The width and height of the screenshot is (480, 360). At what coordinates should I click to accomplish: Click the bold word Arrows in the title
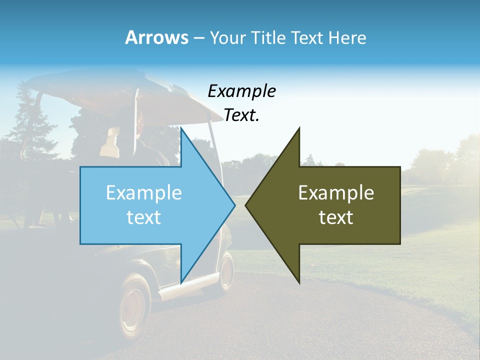click(156, 37)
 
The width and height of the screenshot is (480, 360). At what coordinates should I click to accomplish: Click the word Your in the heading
click(228, 37)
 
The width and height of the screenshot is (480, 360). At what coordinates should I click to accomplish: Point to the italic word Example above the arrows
click(241, 91)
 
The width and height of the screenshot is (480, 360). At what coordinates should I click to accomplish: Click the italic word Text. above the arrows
click(241, 115)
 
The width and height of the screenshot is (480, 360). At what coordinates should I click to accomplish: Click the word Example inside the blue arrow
click(144, 192)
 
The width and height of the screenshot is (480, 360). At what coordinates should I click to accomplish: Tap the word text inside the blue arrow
click(144, 217)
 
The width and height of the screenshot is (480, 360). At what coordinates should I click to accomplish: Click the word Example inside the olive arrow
click(336, 192)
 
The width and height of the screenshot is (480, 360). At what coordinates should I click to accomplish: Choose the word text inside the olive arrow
click(336, 217)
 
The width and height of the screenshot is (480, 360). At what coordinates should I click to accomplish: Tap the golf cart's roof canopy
click(125, 97)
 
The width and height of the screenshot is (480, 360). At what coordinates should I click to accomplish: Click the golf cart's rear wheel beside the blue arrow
click(226, 272)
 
